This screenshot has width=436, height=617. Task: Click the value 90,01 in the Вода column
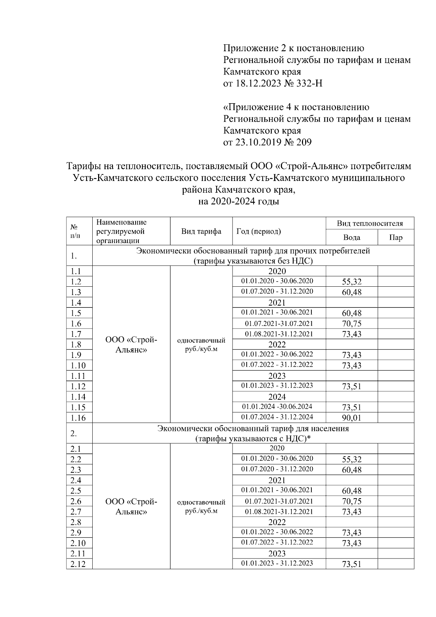[x=351, y=418]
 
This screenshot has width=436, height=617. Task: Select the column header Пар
[x=396, y=238]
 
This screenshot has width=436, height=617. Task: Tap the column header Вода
[x=351, y=238]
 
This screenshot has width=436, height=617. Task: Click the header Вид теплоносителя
[x=370, y=223]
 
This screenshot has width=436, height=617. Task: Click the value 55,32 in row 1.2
[x=351, y=282]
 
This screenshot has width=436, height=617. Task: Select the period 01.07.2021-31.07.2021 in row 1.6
[x=279, y=323]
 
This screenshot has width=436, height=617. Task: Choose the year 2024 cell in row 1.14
[x=277, y=397]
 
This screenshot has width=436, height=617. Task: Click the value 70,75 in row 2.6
[x=351, y=501]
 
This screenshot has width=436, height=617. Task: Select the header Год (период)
[x=259, y=231]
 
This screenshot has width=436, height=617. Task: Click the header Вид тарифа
[x=201, y=231]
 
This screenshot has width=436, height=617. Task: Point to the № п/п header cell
[x=74, y=231]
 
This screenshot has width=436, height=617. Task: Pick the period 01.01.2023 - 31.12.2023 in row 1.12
[x=277, y=386]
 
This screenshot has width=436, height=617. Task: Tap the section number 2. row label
[x=74, y=433]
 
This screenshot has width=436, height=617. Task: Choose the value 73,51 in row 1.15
[x=351, y=407]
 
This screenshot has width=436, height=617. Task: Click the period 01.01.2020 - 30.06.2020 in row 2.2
[x=277, y=459]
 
